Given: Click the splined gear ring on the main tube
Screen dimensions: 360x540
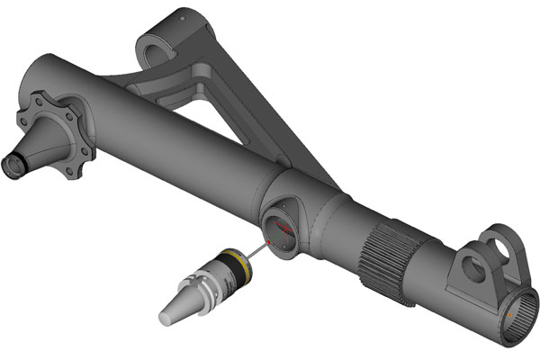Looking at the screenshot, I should coord(386,256).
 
